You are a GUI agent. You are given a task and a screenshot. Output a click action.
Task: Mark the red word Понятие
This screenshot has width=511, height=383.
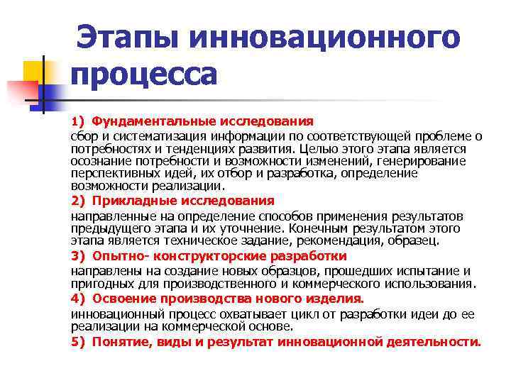(119, 341)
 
